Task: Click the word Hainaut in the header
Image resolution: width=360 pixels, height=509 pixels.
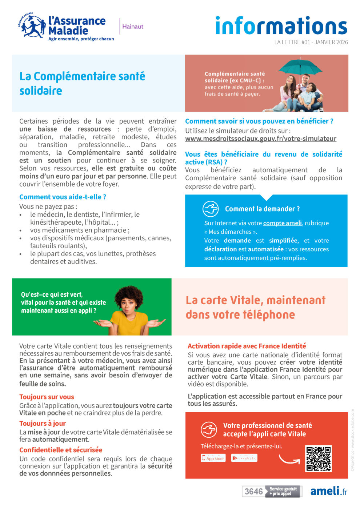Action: coord(133,27)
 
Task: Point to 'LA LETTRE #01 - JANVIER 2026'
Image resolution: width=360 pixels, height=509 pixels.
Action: coord(311,42)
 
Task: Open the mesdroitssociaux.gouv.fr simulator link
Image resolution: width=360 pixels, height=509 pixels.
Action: coord(260,139)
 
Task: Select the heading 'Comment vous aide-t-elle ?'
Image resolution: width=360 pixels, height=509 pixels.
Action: coord(63,197)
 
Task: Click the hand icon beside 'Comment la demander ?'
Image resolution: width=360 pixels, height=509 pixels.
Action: coord(211,209)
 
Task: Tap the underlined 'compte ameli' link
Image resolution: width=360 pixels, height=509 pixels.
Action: coord(282,223)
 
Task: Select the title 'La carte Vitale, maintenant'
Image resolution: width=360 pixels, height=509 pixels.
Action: coord(255,300)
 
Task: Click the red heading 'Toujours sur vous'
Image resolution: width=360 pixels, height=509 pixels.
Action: coord(47,397)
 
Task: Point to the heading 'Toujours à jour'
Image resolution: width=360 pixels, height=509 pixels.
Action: coord(43,423)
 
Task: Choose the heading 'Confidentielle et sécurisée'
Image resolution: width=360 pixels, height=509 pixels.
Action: coord(61,450)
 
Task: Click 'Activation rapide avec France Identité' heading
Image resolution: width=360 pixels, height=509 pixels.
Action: coord(247,346)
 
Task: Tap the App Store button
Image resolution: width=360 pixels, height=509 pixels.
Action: coord(213,458)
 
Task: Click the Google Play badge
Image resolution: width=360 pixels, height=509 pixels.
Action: coord(244,458)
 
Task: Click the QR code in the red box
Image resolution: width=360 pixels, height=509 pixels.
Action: coord(318,458)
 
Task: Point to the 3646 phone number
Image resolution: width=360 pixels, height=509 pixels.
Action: coord(253,492)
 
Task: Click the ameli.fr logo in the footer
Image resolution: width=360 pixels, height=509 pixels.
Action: coord(328,491)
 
